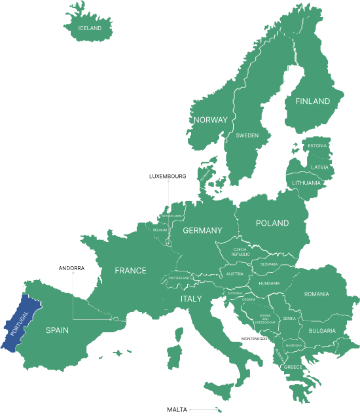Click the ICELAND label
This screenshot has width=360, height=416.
[x=90, y=28]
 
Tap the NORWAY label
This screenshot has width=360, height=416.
[x=210, y=120]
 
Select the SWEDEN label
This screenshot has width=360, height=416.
[x=247, y=135]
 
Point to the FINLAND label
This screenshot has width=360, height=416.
[x=312, y=101]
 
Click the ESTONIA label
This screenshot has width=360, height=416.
[x=317, y=145]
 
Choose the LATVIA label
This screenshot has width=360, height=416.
[x=319, y=167]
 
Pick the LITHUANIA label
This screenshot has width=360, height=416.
[x=306, y=183]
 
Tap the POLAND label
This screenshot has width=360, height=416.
[x=272, y=223]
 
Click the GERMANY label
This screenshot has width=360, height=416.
[x=202, y=230]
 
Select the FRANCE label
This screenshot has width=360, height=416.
[x=130, y=270]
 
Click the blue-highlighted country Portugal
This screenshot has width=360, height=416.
[x=22, y=324]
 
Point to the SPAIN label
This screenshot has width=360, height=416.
[x=57, y=330]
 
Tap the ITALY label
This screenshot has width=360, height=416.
[x=191, y=298]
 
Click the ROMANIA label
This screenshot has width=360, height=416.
[x=316, y=294]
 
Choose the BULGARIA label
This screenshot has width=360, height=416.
[x=322, y=331]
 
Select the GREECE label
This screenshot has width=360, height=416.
[x=292, y=367]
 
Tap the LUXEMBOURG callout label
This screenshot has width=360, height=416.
[x=168, y=176]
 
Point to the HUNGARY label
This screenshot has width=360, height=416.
[x=269, y=283]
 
